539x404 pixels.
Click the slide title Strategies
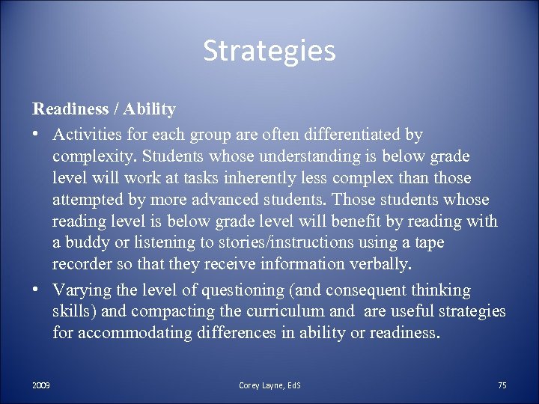pyautogui.click(x=269, y=51)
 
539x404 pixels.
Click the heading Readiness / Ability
pyautogui.click(x=104, y=109)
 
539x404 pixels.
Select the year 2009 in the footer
pyautogui.click(x=41, y=385)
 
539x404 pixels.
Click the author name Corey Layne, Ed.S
pyautogui.click(x=269, y=385)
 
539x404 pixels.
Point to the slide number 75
pyautogui.click(x=502, y=385)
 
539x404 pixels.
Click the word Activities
pyautogui.click(x=84, y=135)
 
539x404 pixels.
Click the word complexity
pyautogui.click(x=94, y=157)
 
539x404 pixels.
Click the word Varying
pyautogui.click(x=81, y=290)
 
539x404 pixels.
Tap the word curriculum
pyautogui.click(x=284, y=311)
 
